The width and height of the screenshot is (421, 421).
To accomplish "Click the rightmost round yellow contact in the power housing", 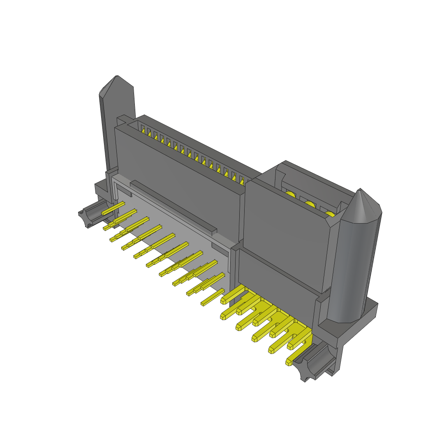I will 330,214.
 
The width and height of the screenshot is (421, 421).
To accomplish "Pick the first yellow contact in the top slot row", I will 143,131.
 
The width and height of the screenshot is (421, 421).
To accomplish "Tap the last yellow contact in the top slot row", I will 242,180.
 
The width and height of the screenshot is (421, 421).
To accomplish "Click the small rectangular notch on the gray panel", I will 218,247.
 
